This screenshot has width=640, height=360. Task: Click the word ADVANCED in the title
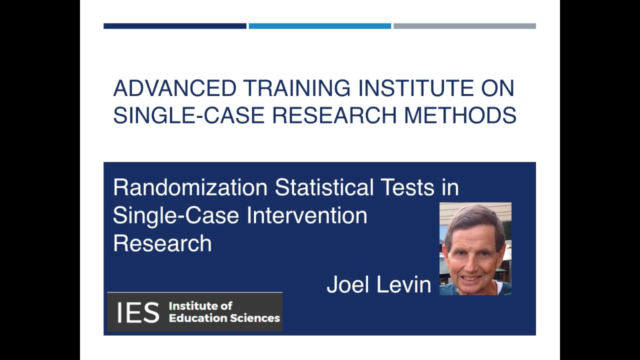(174, 88)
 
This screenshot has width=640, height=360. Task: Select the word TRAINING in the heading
(297, 88)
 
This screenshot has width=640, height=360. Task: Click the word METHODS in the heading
(460, 115)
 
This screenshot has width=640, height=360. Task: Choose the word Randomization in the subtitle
(190, 187)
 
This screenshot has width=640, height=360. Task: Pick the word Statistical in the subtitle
(324, 187)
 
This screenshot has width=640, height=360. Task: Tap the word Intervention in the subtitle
(307, 215)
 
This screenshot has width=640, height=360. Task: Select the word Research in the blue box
(162, 243)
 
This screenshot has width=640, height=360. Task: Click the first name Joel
(348, 284)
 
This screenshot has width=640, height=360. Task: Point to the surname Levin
(404, 284)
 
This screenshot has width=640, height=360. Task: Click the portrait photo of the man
(475, 248)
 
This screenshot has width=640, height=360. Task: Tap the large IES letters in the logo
(138, 312)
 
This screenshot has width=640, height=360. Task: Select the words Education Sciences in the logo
(224, 318)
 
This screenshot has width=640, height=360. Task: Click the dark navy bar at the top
(174, 26)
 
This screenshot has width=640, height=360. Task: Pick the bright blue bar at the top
(319, 26)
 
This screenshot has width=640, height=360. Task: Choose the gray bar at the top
(464, 26)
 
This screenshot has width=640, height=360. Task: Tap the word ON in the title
(498, 88)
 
